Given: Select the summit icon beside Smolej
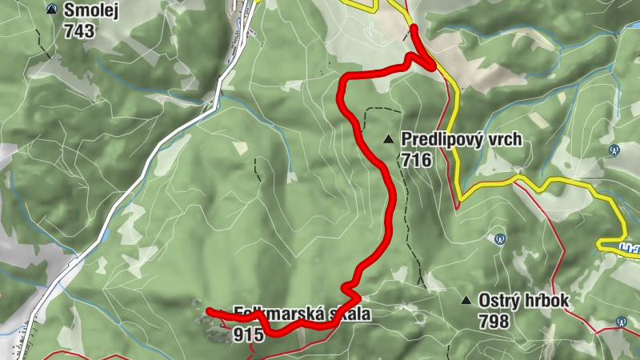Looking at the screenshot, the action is pos(53,10).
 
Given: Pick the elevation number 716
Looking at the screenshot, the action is pos(417,161).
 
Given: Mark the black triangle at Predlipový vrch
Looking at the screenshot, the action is pos(389,139).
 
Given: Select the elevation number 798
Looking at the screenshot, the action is pos(494,322).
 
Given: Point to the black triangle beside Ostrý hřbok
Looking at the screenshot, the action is pos(466,301).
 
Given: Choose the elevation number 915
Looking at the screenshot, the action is pos(249,335).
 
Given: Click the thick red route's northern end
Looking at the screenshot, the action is pos(413,28).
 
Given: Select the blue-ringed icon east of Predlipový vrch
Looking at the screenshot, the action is pos(614,149).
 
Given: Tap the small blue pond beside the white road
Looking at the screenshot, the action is pos(106,236).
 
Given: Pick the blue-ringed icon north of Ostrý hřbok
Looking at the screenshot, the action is pos(500,238).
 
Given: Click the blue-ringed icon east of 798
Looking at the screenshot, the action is pos(621,322).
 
